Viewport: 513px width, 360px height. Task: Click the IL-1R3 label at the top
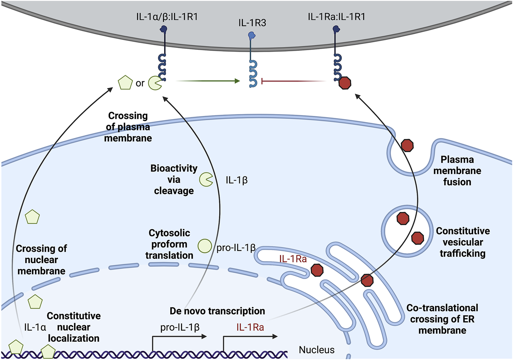[x=252, y=23]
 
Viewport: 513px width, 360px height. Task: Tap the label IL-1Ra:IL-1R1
[x=336, y=17]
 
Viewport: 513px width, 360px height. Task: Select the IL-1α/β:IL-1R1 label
[x=167, y=17]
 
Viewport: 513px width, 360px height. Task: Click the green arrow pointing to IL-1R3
[x=208, y=81]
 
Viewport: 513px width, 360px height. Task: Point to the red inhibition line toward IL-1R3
[x=293, y=81]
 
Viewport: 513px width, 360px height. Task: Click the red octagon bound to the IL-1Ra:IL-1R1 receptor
[x=345, y=83]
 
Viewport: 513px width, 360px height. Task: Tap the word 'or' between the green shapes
[x=140, y=83]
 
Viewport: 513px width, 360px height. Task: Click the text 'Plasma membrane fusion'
[x=457, y=171]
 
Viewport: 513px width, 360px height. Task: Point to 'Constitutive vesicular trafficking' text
[x=462, y=242]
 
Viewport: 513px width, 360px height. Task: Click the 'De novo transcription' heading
[x=217, y=311]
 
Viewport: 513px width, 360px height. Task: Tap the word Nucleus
[x=317, y=350]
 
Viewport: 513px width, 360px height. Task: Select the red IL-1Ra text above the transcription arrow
[x=250, y=327]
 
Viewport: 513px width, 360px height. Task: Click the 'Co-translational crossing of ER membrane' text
[x=442, y=319]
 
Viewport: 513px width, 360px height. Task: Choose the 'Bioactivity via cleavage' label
[x=174, y=179]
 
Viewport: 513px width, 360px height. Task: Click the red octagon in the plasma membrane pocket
[x=407, y=145]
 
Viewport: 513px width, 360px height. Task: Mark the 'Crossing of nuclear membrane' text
[x=41, y=260]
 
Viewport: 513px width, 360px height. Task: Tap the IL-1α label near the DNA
[x=35, y=327]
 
